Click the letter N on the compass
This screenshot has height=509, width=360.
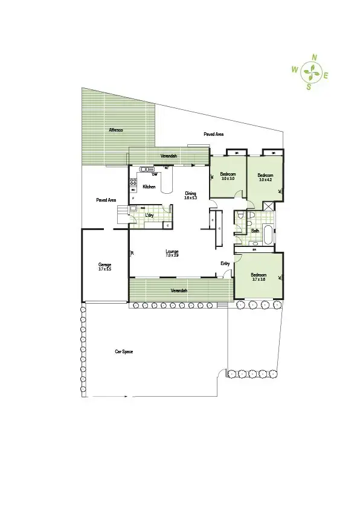click(x=314, y=58)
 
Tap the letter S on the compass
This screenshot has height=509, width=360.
click(x=309, y=87)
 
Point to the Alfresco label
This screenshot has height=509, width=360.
click(x=116, y=130)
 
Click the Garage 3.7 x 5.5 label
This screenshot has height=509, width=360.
click(x=104, y=266)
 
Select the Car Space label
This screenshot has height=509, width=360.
click(x=124, y=351)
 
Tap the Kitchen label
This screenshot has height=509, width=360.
click(x=149, y=187)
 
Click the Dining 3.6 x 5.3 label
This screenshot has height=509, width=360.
click(x=191, y=195)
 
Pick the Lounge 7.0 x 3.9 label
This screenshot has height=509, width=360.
click(x=172, y=253)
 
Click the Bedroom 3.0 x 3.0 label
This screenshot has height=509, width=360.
click(x=228, y=176)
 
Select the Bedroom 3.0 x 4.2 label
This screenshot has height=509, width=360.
click(x=266, y=177)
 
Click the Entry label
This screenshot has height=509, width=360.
click(x=225, y=263)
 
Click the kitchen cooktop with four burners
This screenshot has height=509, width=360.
click(x=133, y=184)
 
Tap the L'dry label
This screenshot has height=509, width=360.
click(x=148, y=215)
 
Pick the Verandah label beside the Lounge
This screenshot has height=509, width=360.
click(x=179, y=290)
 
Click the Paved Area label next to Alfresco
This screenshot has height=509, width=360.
click(x=106, y=200)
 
